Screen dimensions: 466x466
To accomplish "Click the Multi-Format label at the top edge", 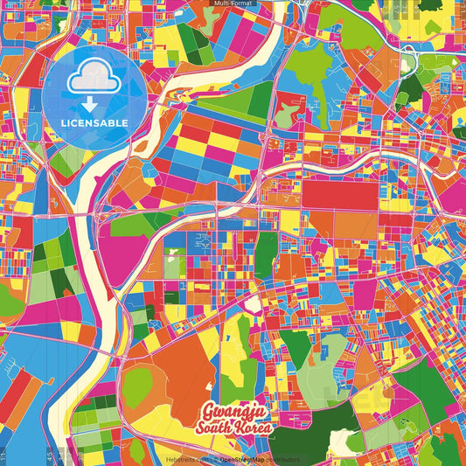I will click(233, 3).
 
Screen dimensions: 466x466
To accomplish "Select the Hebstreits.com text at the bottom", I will click(186, 459).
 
